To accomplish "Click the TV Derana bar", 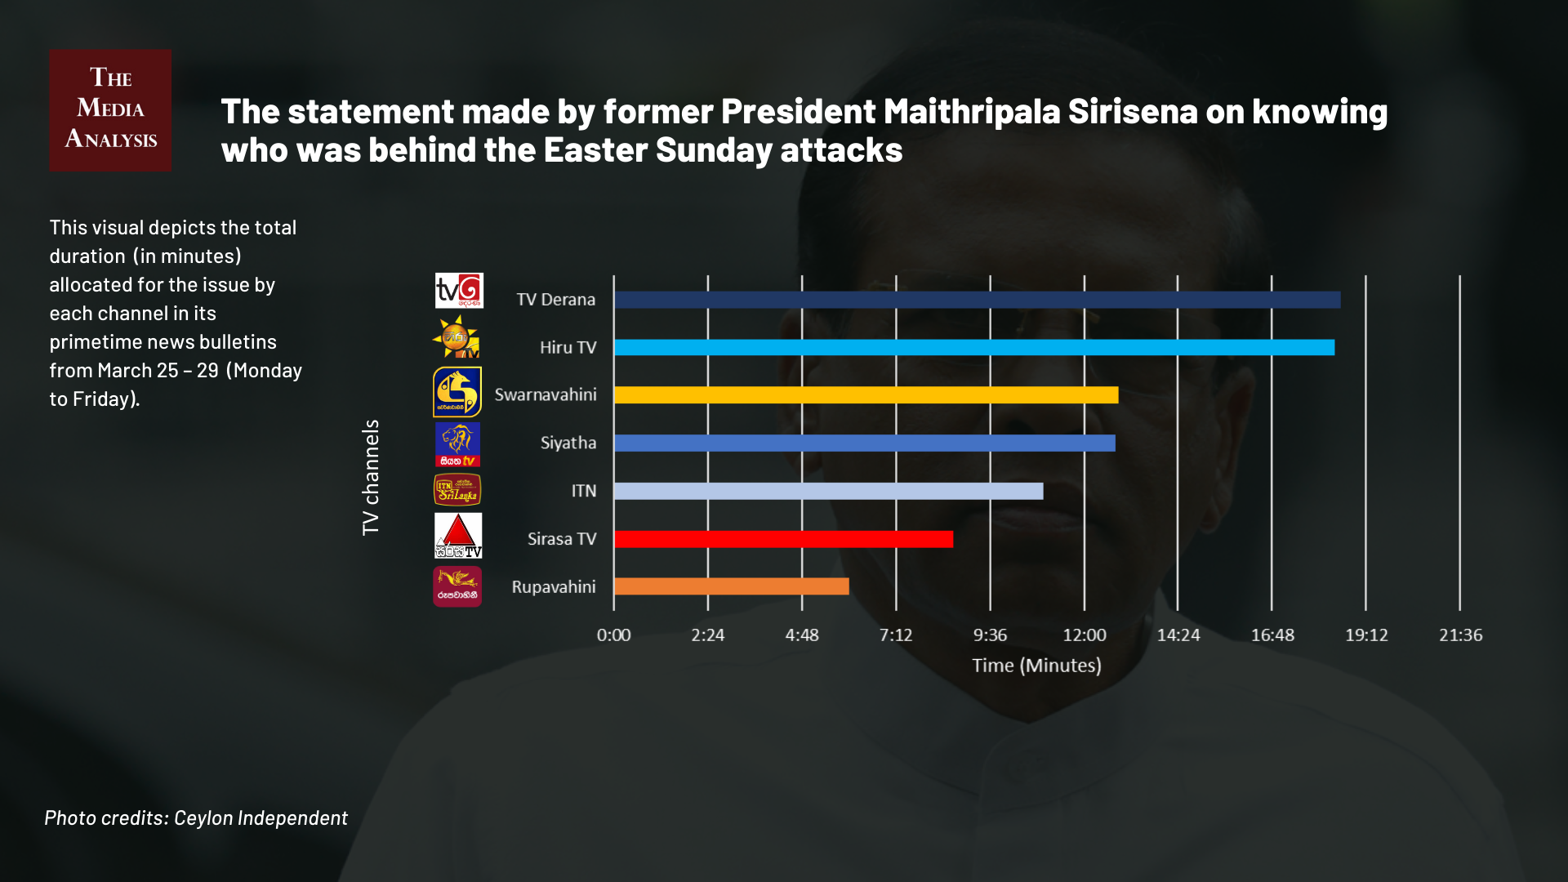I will click(x=977, y=300).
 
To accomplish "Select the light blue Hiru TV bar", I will click(x=973, y=348).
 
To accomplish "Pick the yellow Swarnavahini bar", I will click(x=866, y=395).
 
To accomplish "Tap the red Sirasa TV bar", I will click(x=783, y=539).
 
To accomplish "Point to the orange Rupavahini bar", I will click(x=731, y=586).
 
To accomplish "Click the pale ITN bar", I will click(x=828, y=491).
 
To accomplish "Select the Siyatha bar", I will click(x=864, y=443).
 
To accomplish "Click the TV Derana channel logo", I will click(x=459, y=291).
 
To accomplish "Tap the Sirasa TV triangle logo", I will click(x=458, y=536).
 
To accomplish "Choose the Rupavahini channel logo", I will click(x=457, y=586).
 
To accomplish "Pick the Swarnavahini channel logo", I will click(x=457, y=392).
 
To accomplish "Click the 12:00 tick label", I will click(x=1085, y=635).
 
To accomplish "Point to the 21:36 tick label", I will click(x=1460, y=635).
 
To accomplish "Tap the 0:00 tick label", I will click(x=613, y=635).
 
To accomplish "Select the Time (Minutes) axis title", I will click(x=1036, y=666).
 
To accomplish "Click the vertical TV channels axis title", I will click(x=371, y=478).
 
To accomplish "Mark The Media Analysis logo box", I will click(x=110, y=110).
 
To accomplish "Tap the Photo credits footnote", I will click(x=196, y=817).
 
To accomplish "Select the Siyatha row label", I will click(x=568, y=443).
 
